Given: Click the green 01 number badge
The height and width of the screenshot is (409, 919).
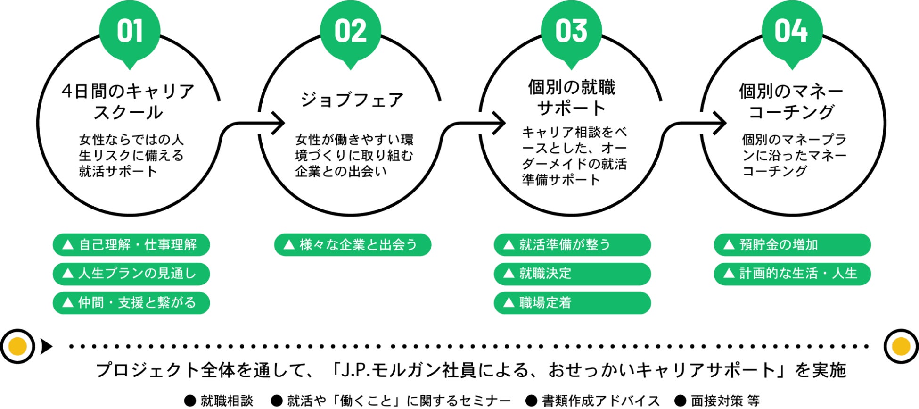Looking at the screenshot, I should click(130, 31).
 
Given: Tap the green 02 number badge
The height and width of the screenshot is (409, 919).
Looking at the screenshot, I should click(350, 31).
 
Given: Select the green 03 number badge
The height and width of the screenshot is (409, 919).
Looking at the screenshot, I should click(571, 31).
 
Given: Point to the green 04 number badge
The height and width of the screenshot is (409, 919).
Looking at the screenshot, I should click(792, 31).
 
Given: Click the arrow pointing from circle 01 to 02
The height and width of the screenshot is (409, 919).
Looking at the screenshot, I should click(254, 124).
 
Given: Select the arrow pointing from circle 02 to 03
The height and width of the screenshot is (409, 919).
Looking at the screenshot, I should click(475, 124).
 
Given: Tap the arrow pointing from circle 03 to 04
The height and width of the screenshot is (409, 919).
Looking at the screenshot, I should click(696, 124).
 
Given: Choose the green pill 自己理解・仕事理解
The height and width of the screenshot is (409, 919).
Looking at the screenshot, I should click(131, 245).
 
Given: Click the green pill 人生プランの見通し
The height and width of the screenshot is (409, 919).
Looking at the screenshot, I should click(131, 274).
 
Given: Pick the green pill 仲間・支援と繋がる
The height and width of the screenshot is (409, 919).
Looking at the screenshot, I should click(131, 302).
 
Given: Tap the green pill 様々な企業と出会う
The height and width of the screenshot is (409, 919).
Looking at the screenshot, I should click(353, 245).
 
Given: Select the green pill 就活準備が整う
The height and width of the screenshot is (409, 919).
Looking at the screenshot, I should click(572, 245).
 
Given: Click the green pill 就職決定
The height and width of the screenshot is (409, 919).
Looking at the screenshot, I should click(572, 274).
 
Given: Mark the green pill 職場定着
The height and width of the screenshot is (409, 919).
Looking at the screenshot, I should click(572, 302).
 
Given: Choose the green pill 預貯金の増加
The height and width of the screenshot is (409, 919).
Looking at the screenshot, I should click(792, 245).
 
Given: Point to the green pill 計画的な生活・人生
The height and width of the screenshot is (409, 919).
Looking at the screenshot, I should click(792, 274).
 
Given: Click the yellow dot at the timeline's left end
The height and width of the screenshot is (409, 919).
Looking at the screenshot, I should click(17, 347).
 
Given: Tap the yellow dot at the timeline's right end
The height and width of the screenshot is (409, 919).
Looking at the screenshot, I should click(901, 347).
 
